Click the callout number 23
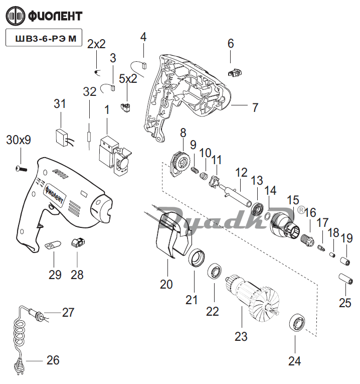241,336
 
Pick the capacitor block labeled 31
62,137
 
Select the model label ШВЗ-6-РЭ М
43,38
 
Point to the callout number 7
255,107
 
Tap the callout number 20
166,284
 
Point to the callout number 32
89,91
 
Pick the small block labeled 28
77,243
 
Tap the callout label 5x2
128,79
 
